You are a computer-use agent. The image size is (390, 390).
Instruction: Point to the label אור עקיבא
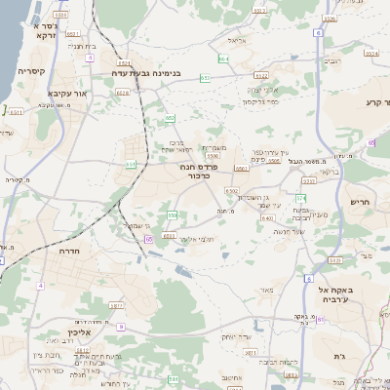[55, 95]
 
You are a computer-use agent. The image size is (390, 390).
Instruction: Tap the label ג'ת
[339, 356]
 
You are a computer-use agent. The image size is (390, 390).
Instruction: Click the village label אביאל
[239, 40]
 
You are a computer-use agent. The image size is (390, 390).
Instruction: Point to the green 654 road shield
[223, 59]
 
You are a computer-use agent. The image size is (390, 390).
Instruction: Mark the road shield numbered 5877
[116, 305]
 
